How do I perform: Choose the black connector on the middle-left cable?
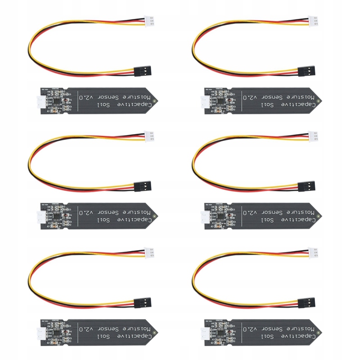(144, 185)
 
